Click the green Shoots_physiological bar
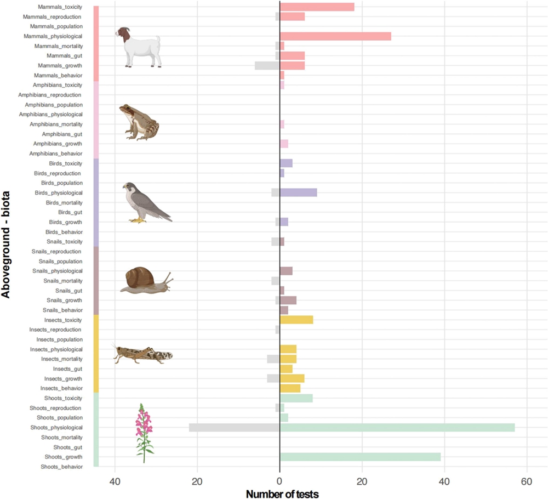point(397,428)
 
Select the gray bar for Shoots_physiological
point(235,428)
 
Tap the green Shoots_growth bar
point(360,457)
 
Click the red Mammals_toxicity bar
point(317,7)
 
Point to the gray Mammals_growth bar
point(267,66)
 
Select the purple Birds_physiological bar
point(298,192)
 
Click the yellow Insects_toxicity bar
point(296,320)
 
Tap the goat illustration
point(139,47)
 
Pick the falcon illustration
point(145,202)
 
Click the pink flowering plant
point(144,432)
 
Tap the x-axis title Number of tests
point(282,494)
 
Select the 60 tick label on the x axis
point(527,481)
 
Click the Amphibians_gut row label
point(62,134)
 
